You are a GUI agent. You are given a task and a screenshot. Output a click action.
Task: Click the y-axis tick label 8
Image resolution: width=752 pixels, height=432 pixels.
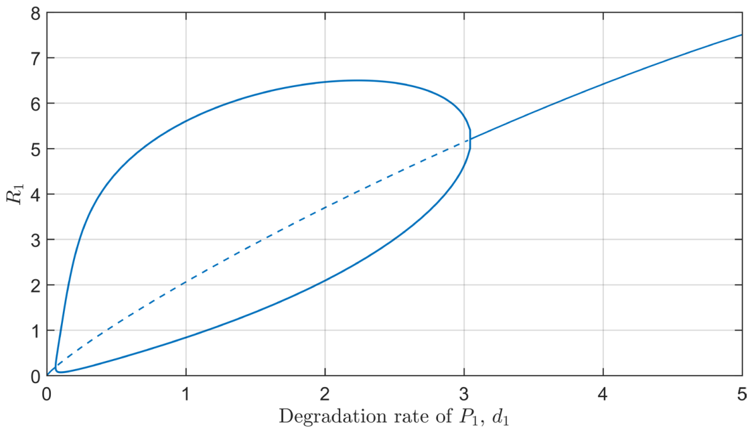35,13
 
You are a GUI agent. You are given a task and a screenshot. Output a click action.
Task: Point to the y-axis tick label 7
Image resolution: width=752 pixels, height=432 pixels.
35,58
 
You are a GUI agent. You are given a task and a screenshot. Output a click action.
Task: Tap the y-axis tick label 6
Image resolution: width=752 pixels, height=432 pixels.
35,104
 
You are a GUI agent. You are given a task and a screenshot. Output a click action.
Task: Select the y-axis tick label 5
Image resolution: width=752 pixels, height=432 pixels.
35,149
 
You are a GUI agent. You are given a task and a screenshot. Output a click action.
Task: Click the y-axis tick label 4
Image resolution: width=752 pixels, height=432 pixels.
35,194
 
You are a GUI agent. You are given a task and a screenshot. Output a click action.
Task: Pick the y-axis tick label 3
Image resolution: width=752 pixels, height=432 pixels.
35,240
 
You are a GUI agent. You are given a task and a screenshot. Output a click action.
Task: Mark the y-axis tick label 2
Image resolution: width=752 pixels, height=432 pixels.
35,285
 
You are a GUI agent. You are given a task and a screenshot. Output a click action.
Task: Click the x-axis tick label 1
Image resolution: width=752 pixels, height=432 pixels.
185,394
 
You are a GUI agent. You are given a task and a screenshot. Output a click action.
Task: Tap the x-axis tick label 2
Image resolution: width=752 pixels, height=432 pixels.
325,394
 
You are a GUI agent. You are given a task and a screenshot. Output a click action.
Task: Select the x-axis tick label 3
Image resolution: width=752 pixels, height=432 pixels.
464,394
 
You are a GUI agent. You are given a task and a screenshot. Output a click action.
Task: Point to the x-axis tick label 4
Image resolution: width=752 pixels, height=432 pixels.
603,394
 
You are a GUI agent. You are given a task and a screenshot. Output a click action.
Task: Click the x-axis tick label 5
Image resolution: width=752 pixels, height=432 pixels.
741,394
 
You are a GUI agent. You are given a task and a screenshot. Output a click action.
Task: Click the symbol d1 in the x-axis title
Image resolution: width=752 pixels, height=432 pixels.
500,417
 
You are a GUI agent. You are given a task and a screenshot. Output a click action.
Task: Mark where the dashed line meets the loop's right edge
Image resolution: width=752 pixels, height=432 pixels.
469,139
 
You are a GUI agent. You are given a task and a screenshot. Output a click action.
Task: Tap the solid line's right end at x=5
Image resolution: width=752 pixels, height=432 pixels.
742,35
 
